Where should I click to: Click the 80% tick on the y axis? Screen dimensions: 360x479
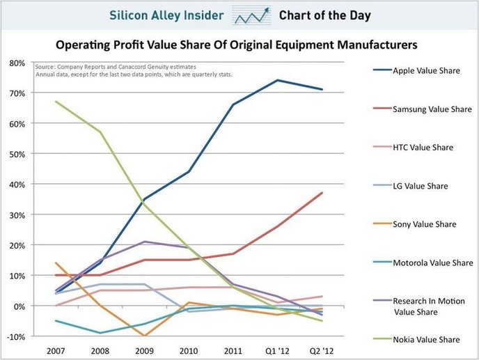click(16, 63)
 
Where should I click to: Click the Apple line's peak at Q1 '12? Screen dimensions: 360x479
click(277, 80)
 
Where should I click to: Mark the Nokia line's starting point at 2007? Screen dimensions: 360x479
click(56, 102)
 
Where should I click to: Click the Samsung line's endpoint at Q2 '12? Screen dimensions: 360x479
click(322, 193)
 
